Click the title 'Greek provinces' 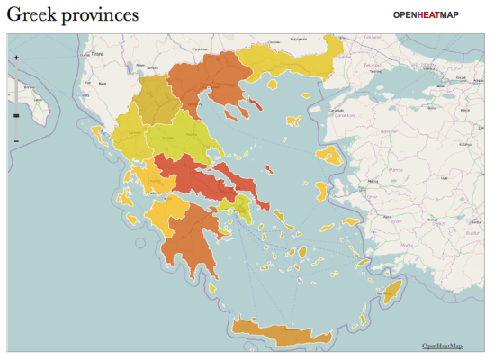pyautogui.click(x=73, y=15)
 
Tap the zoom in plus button pyautogui.click(x=16, y=58)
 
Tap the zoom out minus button pyautogui.click(x=16, y=141)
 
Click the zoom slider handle pyautogui.click(x=16, y=116)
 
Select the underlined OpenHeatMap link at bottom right pyautogui.click(x=442, y=346)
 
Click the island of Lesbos pyautogui.click(x=330, y=154)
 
